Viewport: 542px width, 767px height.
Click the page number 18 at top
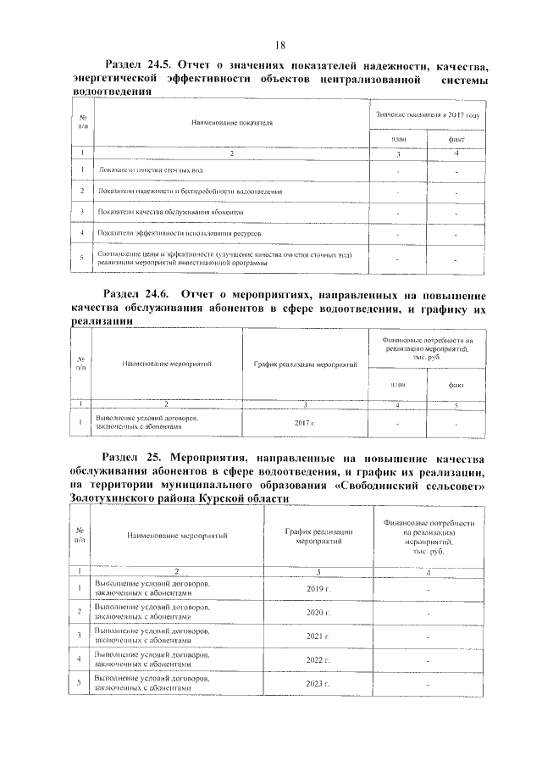point(280,45)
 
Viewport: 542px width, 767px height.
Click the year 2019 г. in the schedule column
point(316,588)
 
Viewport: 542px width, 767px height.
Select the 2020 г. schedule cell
point(316,611)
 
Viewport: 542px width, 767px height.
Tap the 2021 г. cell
point(316,635)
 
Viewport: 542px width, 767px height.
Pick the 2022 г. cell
point(316,659)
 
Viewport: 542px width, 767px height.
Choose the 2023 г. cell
point(316,682)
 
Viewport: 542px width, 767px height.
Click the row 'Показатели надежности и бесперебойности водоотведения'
point(190,192)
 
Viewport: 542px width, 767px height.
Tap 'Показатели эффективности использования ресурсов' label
point(180,231)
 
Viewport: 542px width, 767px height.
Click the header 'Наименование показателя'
point(231,124)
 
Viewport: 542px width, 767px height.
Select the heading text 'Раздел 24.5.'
point(142,64)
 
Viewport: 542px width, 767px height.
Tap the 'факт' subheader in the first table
point(455,138)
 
